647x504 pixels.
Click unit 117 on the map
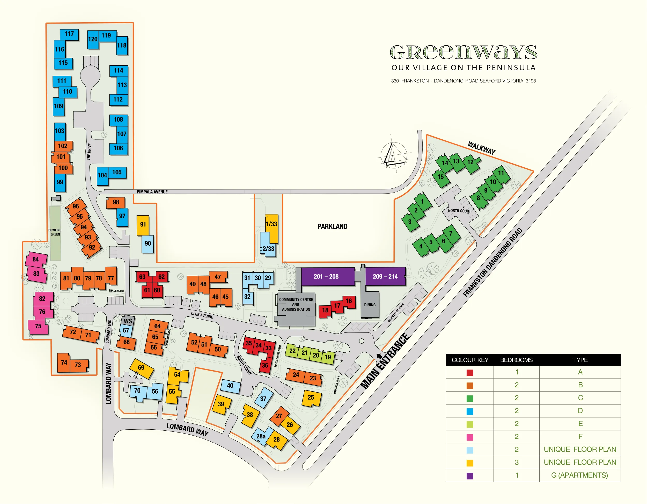click(69, 34)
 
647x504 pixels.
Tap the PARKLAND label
click(332, 226)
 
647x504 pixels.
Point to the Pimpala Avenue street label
click(152, 192)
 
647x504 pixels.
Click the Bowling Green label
click(55, 232)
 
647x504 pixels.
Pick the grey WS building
click(128, 321)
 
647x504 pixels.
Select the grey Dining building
click(370, 304)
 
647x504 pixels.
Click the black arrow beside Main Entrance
click(379, 356)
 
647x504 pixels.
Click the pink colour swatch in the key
click(469, 437)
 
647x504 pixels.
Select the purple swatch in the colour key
click(469, 476)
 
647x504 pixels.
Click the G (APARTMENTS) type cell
click(579, 475)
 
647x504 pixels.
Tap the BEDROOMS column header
click(516, 360)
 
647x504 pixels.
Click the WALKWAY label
click(481, 148)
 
